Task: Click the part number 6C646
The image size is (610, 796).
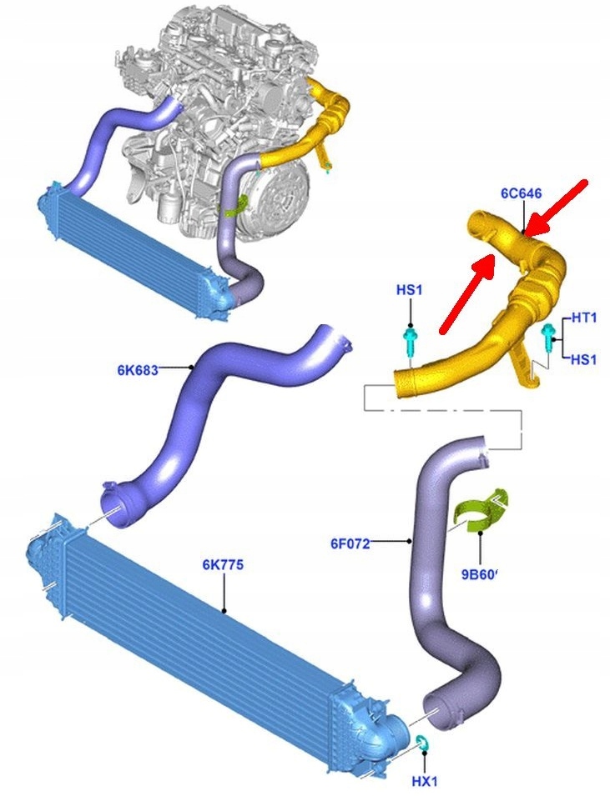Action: pos(522,193)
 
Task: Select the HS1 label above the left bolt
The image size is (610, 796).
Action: pos(409,291)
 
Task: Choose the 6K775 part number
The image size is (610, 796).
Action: pos(223,564)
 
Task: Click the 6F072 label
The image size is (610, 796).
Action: pos(350,545)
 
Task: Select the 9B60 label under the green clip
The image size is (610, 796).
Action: pos(478,573)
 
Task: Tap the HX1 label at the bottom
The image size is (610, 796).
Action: pos(424,781)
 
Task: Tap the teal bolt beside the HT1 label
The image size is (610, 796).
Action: pos(548,335)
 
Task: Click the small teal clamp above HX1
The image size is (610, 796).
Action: pos(421,742)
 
